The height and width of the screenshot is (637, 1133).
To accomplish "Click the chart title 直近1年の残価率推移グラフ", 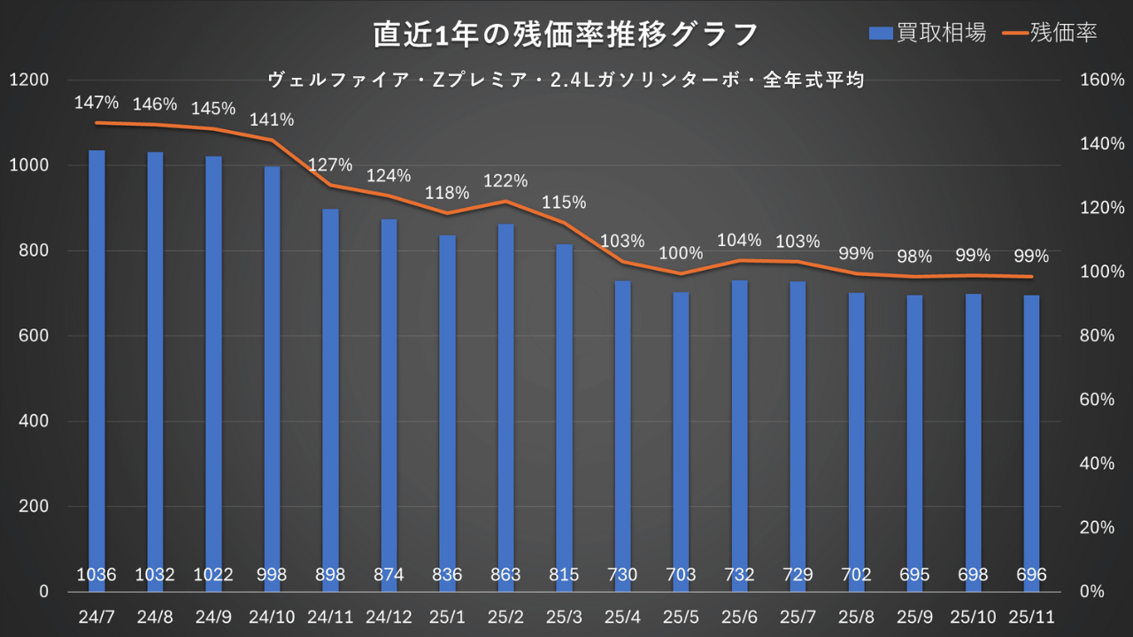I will (x=566, y=35).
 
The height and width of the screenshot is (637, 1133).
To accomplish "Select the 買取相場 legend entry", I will (x=927, y=34).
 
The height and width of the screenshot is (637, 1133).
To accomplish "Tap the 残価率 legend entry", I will (x=1051, y=34).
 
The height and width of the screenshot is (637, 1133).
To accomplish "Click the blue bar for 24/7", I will (x=96, y=354).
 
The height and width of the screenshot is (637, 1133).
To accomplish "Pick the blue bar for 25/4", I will (x=623, y=425).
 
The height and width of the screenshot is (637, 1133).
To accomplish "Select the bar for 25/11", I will (x=1031, y=434).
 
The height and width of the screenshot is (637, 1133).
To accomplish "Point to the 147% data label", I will (x=96, y=103).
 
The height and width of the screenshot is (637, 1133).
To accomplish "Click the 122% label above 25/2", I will (x=505, y=181).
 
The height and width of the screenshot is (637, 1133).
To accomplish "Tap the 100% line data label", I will (x=681, y=253).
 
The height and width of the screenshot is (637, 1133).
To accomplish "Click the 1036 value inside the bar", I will (x=96, y=575).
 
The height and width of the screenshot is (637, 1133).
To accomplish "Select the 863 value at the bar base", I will (x=505, y=575).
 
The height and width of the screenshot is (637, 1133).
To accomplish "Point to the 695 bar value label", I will (x=914, y=575).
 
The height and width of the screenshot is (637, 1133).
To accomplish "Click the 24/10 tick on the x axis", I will (x=272, y=614).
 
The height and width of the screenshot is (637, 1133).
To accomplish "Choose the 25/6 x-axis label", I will (x=739, y=614).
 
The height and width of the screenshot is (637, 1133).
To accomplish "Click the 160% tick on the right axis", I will (x=1102, y=81).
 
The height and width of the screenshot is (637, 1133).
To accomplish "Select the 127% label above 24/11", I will (x=330, y=165).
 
